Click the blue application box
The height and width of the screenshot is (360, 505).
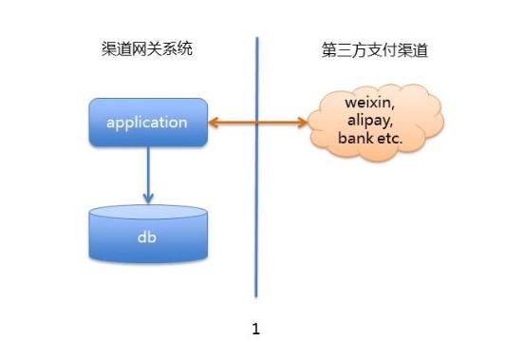(147, 123)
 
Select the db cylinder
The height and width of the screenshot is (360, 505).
(147, 233)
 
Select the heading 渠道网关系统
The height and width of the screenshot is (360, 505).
(147, 49)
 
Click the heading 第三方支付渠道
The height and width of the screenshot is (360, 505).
(374, 50)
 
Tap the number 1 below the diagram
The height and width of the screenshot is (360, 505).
(255, 330)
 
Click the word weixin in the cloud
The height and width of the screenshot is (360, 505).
(369, 103)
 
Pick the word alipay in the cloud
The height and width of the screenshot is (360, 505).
(369, 121)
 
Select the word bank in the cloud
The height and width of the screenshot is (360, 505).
(354, 139)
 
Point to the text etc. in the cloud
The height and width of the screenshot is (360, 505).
(389, 139)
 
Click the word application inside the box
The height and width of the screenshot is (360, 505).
(147, 123)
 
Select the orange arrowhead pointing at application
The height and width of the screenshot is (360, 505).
(215, 122)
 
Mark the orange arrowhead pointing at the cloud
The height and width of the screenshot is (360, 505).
(302, 122)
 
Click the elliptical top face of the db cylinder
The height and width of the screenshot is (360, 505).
(147, 212)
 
